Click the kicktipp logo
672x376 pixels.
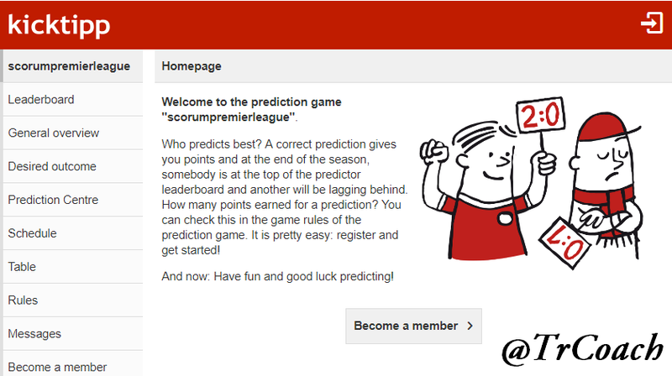point(59,25)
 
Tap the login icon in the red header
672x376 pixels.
point(652,23)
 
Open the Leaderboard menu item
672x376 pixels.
point(41,99)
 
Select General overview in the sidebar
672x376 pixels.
point(54,133)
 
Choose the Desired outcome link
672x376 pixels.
point(52,166)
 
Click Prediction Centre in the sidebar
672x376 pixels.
point(53,200)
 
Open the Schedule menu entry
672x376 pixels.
point(33,233)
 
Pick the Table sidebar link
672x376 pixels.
point(22,266)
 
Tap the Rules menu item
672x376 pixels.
point(24,300)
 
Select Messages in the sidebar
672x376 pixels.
point(34,333)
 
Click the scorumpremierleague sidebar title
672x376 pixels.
point(69,66)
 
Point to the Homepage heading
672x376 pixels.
point(192,66)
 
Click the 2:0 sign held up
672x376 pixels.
point(541,115)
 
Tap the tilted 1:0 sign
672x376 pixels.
point(564,243)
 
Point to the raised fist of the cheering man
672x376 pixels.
point(433,150)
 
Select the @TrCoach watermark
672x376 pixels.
point(582,349)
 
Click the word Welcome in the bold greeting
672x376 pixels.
point(187,102)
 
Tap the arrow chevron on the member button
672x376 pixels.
point(470,326)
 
